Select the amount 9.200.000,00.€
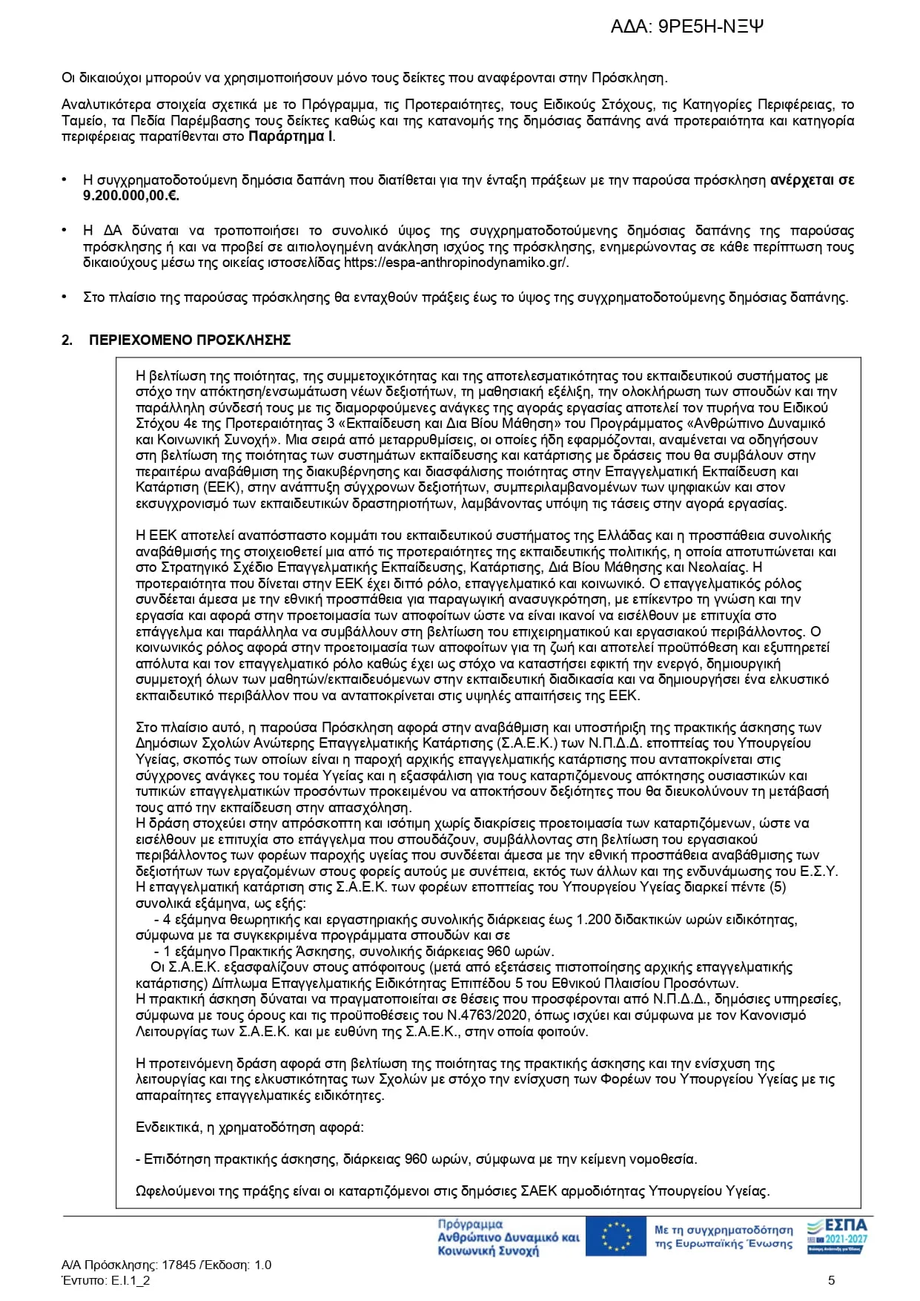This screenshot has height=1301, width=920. click(130, 196)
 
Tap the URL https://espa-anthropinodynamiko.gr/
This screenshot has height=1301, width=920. click(456, 263)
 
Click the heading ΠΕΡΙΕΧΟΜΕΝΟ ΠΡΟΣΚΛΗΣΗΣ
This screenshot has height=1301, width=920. click(190, 340)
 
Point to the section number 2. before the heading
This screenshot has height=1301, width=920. click(67, 340)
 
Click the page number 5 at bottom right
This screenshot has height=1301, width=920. click(831, 1280)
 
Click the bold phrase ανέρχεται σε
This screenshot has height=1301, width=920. click(813, 180)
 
